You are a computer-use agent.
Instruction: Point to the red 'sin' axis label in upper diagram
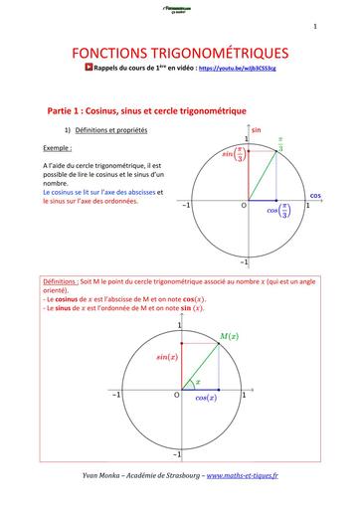tap(256, 130)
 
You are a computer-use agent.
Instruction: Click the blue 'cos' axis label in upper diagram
tap(344, 196)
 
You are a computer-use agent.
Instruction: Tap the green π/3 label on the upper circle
tap(281, 144)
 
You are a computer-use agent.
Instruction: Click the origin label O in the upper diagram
tap(241, 207)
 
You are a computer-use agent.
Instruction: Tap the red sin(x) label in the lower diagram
tap(165, 355)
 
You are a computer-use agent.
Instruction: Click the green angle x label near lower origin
tap(197, 381)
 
